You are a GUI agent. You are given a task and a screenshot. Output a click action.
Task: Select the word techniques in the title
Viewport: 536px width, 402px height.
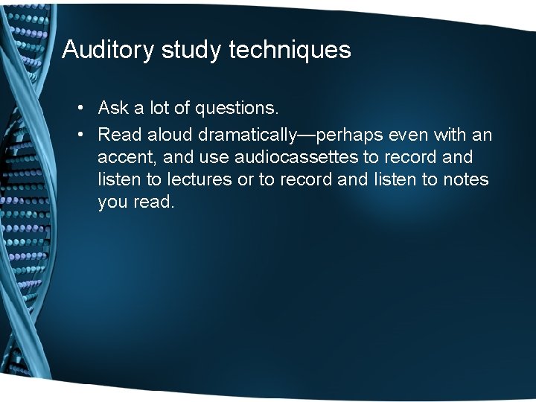(290, 50)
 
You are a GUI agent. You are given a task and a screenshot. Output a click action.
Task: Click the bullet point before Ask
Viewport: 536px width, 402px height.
(80, 109)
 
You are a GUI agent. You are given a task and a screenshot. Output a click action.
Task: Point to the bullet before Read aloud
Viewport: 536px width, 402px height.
(80, 135)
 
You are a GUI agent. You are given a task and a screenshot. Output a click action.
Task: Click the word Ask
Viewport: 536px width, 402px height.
(114, 109)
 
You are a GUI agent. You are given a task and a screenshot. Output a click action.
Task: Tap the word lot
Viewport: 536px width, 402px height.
(159, 109)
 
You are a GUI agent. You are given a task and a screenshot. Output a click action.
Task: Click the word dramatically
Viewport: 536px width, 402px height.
(246, 135)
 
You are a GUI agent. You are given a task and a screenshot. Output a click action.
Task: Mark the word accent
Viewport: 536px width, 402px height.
(124, 157)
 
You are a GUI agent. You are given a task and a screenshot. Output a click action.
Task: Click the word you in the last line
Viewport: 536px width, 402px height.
(113, 202)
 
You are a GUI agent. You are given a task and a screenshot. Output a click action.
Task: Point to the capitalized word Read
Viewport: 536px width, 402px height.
(120, 135)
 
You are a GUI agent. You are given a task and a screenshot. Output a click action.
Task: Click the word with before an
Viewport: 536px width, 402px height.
(450, 135)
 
